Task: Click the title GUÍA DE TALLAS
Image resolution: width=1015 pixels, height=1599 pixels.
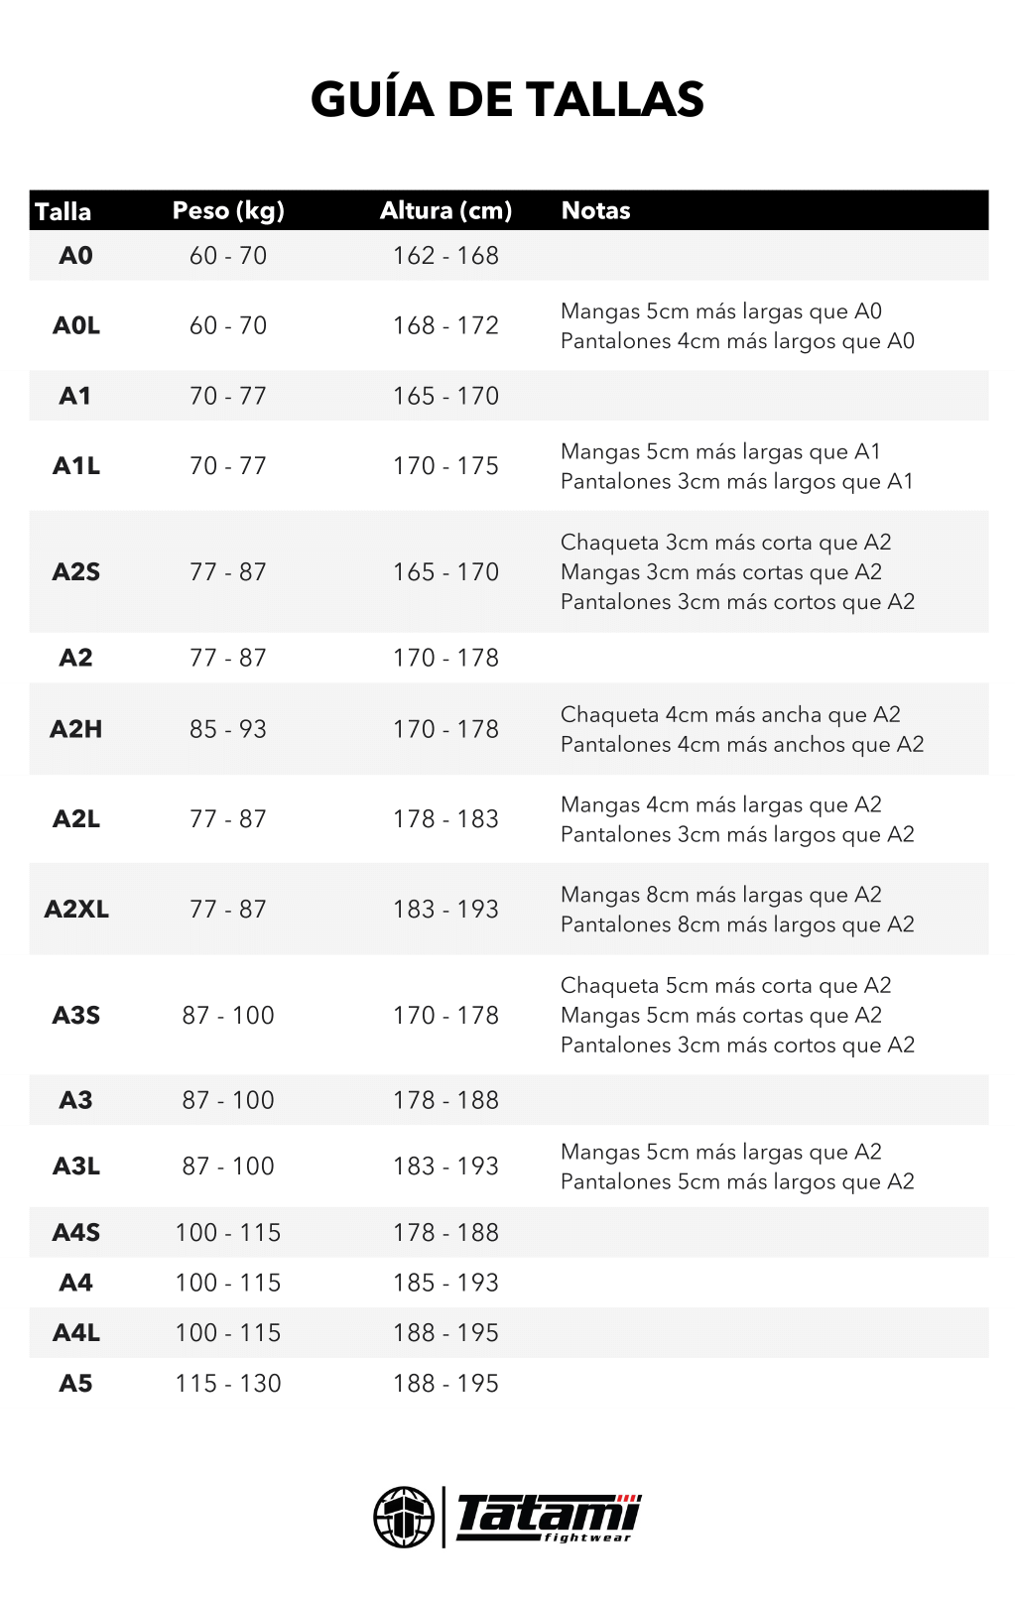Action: pos(507,100)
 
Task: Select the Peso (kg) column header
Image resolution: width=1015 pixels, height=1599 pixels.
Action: pos(228,210)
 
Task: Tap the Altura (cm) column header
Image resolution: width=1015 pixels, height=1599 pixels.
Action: pos(445,210)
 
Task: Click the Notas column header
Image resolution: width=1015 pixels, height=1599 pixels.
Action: pos(595,210)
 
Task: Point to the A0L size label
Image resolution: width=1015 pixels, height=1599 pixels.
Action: pos(76,325)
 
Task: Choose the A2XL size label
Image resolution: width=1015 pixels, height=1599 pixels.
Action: pos(76,910)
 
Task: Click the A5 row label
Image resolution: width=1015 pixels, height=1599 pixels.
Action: pos(75,1384)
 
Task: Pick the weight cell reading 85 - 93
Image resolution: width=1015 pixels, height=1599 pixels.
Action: pos(228,729)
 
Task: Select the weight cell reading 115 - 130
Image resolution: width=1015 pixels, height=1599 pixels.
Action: pos(228,1384)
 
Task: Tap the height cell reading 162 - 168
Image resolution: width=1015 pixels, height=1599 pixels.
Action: pos(445,256)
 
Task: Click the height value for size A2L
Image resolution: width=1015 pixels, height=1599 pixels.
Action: pos(445,819)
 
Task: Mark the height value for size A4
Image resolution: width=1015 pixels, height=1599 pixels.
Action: pos(445,1283)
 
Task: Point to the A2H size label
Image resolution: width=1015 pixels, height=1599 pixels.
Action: pos(76,729)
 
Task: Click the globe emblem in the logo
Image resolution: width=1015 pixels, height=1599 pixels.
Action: pos(404,1517)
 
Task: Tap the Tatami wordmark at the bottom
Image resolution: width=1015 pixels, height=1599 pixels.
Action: pos(548,1517)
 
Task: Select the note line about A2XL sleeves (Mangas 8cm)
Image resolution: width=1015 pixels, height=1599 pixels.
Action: pos(720,895)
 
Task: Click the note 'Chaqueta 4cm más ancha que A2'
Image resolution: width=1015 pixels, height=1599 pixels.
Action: pos(730,715)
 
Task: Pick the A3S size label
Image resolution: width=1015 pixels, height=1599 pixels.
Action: pos(76,1016)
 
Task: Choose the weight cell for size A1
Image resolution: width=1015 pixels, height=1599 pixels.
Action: pos(228,396)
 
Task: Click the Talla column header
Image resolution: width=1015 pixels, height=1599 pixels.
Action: pos(63,211)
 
